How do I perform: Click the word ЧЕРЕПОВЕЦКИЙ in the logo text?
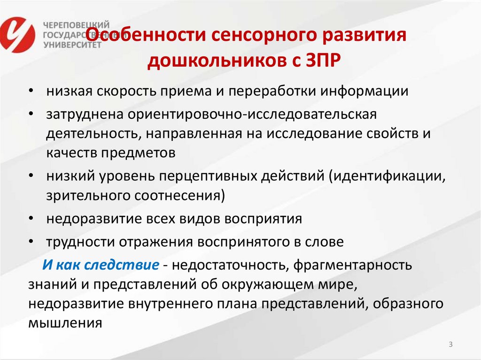click(77, 24)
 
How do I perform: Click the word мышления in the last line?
click(65, 322)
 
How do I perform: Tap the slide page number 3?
click(450, 345)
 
